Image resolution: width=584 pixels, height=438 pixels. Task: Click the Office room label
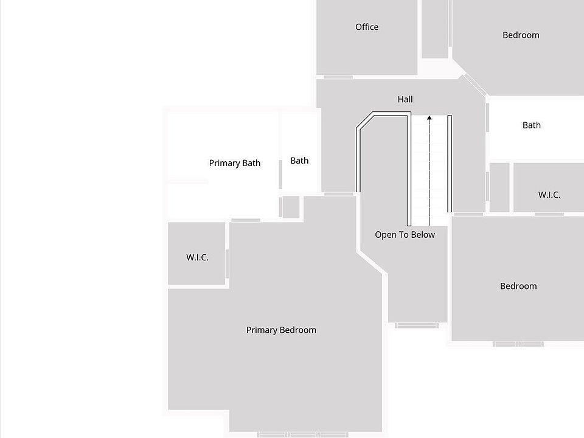click(367, 27)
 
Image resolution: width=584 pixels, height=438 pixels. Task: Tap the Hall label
click(405, 99)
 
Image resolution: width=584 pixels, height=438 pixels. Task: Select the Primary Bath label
click(235, 163)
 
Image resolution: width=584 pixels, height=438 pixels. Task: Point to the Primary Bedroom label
click(281, 330)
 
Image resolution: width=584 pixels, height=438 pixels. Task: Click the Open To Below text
click(405, 235)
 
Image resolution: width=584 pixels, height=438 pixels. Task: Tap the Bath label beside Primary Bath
click(299, 161)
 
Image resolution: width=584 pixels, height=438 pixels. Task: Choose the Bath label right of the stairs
click(532, 125)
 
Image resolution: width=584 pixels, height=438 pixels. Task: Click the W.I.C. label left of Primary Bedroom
click(197, 257)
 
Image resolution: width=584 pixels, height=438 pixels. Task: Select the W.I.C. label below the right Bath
click(549, 195)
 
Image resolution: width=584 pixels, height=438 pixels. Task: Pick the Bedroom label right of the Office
click(521, 35)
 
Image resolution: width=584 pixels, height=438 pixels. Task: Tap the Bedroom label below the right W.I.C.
click(518, 286)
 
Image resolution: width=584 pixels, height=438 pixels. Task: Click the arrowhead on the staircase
click(429, 118)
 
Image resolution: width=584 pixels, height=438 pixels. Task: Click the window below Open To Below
click(417, 325)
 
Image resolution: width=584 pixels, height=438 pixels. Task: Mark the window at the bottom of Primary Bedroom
click(303, 434)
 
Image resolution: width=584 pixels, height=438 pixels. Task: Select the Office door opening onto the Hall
click(338, 77)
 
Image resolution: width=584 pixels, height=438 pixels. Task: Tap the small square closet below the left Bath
click(291, 207)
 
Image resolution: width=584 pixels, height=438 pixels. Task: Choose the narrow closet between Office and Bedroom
click(434, 29)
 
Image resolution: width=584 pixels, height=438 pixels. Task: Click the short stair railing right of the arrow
click(450, 164)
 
